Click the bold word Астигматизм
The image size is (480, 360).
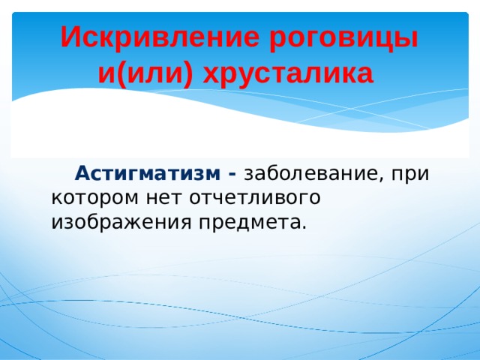point(147,174)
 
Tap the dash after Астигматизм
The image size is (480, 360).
point(232,174)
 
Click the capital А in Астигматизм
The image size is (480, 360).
point(82,174)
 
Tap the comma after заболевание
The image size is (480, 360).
point(379,178)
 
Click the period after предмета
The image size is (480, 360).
point(304,226)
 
